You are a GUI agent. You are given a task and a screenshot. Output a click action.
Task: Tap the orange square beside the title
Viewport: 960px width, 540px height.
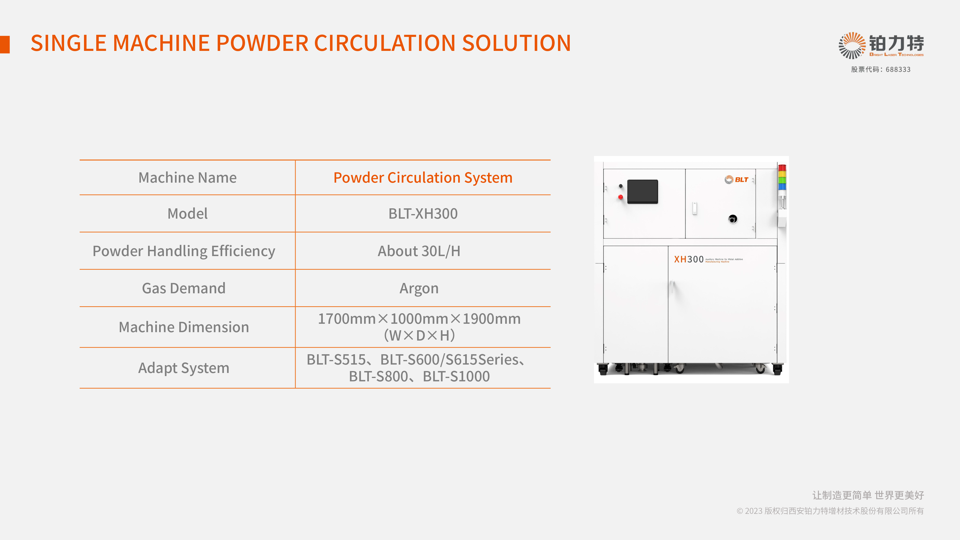click(x=5, y=45)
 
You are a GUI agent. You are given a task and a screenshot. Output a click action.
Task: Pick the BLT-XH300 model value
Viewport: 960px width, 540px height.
click(x=423, y=214)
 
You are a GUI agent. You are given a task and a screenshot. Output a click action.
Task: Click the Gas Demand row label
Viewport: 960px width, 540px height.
click(x=184, y=288)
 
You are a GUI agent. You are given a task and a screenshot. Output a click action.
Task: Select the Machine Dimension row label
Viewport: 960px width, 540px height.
click(x=184, y=327)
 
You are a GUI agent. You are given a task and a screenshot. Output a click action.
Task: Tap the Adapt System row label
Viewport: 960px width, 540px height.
click(x=184, y=368)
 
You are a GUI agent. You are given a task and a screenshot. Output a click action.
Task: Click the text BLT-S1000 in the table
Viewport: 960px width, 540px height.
click(x=456, y=376)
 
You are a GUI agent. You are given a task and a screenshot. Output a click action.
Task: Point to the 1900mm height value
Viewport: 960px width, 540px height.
click(x=492, y=319)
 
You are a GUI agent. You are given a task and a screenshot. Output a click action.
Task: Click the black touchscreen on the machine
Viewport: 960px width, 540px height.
click(x=642, y=192)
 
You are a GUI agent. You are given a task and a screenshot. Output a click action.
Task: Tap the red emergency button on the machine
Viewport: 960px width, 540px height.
click(x=620, y=197)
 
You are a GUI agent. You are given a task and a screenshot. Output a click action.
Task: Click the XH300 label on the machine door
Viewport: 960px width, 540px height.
click(x=689, y=259)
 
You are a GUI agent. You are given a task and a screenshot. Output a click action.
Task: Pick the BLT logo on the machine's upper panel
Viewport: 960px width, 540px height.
click(x=736, y=180)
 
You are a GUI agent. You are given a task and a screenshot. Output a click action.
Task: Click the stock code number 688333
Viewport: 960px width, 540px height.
click(x=898, y=70)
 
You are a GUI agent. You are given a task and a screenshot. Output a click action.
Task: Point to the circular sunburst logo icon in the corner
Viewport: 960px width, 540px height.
click(x=852, y=45)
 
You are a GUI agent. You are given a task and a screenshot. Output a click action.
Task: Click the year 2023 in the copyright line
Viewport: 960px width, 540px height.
click(x=754, y=511)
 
